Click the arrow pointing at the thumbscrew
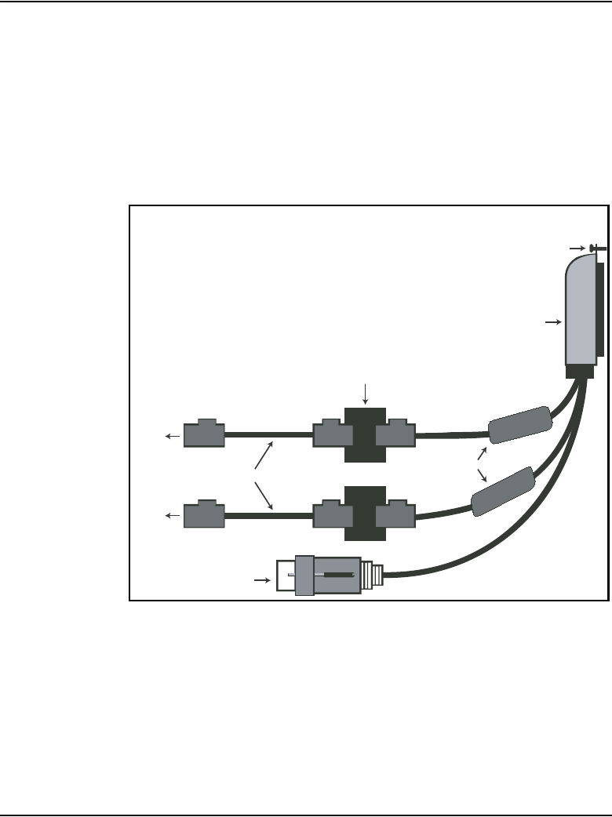coord(578,249)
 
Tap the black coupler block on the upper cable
coord(365,435)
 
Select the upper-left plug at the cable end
coord(204,434)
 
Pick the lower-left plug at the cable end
coord(204,514)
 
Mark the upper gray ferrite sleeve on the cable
coord(519,423)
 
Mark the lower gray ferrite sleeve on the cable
coord(503,492)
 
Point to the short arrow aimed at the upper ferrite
coord(482,455)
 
